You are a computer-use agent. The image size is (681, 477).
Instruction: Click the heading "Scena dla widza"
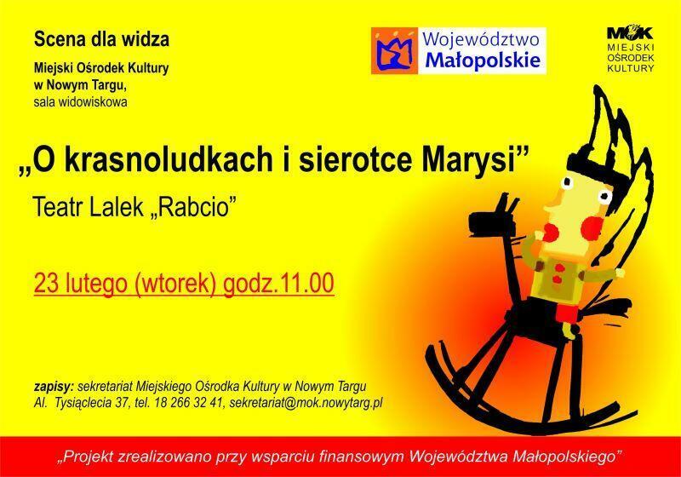click(101, 39)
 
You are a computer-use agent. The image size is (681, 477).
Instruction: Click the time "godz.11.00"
click(278, 284)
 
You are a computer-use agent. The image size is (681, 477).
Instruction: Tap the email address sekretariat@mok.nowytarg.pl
click(306, 403)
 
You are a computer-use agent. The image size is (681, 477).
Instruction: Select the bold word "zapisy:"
click(54, 387)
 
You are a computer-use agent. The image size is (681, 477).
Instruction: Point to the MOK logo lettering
click(630, 32)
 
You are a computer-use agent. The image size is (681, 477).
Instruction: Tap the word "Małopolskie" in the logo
click(483, 60)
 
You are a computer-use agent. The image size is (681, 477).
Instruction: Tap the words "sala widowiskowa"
click(81, 102)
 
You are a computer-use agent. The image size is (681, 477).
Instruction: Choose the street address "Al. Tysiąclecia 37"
click(82, 403)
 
